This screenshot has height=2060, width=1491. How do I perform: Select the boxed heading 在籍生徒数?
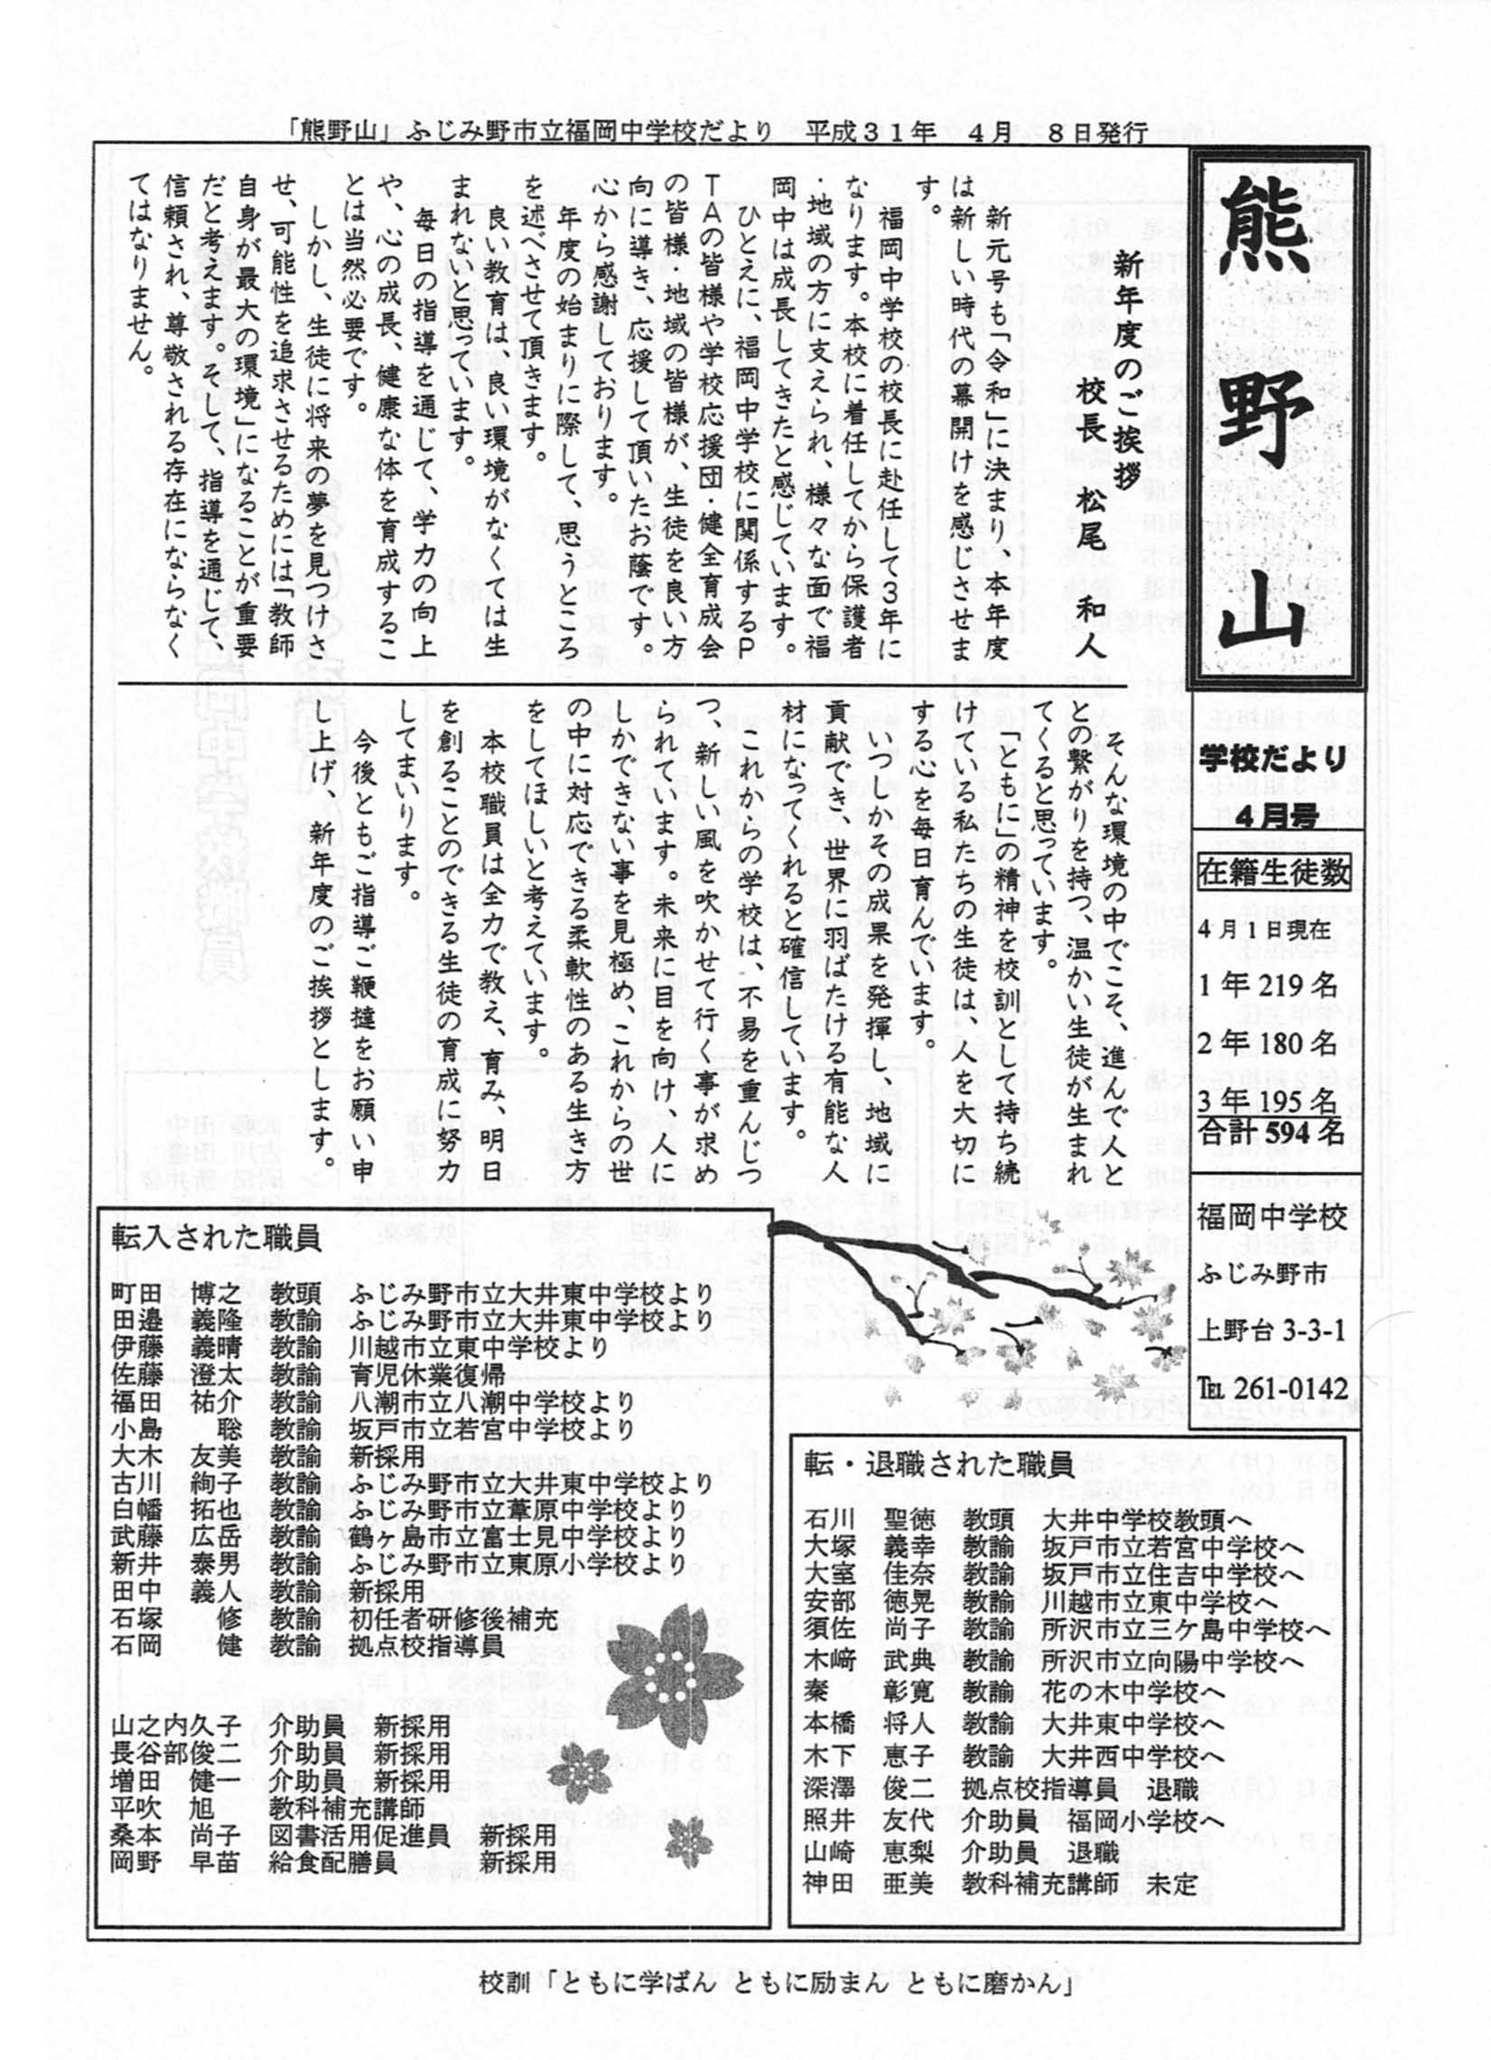(1273, 874)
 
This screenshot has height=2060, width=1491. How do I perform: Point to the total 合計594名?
(1271, 1133)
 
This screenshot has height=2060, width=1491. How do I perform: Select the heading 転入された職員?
(217, 1239)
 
